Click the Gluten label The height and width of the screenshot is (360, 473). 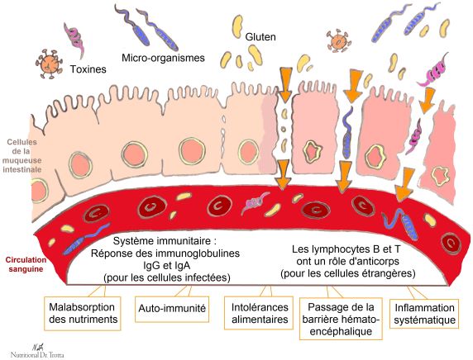(x=260, y=37)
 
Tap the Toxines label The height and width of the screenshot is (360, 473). (x=88, y=69)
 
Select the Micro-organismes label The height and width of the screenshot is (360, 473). (x=163, y=58)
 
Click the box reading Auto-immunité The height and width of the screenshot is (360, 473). (x=172, y=309)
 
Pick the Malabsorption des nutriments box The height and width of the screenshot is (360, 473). (x=83, y=313)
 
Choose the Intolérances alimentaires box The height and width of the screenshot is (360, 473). (x=259, y=313)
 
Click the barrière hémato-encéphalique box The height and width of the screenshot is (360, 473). (x=341, y=319)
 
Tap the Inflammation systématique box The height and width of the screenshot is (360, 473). (x=424, y=314)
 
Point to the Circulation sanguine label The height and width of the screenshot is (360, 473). (x=26, y=264)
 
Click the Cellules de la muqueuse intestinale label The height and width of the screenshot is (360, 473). (x=22, y=156)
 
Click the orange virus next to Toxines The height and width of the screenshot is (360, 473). (x=49, y=64)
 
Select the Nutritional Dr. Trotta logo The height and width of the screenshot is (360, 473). (x=37, y=351)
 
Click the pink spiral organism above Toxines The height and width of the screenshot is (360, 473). (x=74, y=39)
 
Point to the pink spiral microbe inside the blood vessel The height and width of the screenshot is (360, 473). (x=255, y=203)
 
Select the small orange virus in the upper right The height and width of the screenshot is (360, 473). (x=339, y=40)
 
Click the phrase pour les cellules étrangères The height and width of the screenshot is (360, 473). (x=348, y=273)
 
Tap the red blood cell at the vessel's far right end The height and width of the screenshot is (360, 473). (x=451, y=243)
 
